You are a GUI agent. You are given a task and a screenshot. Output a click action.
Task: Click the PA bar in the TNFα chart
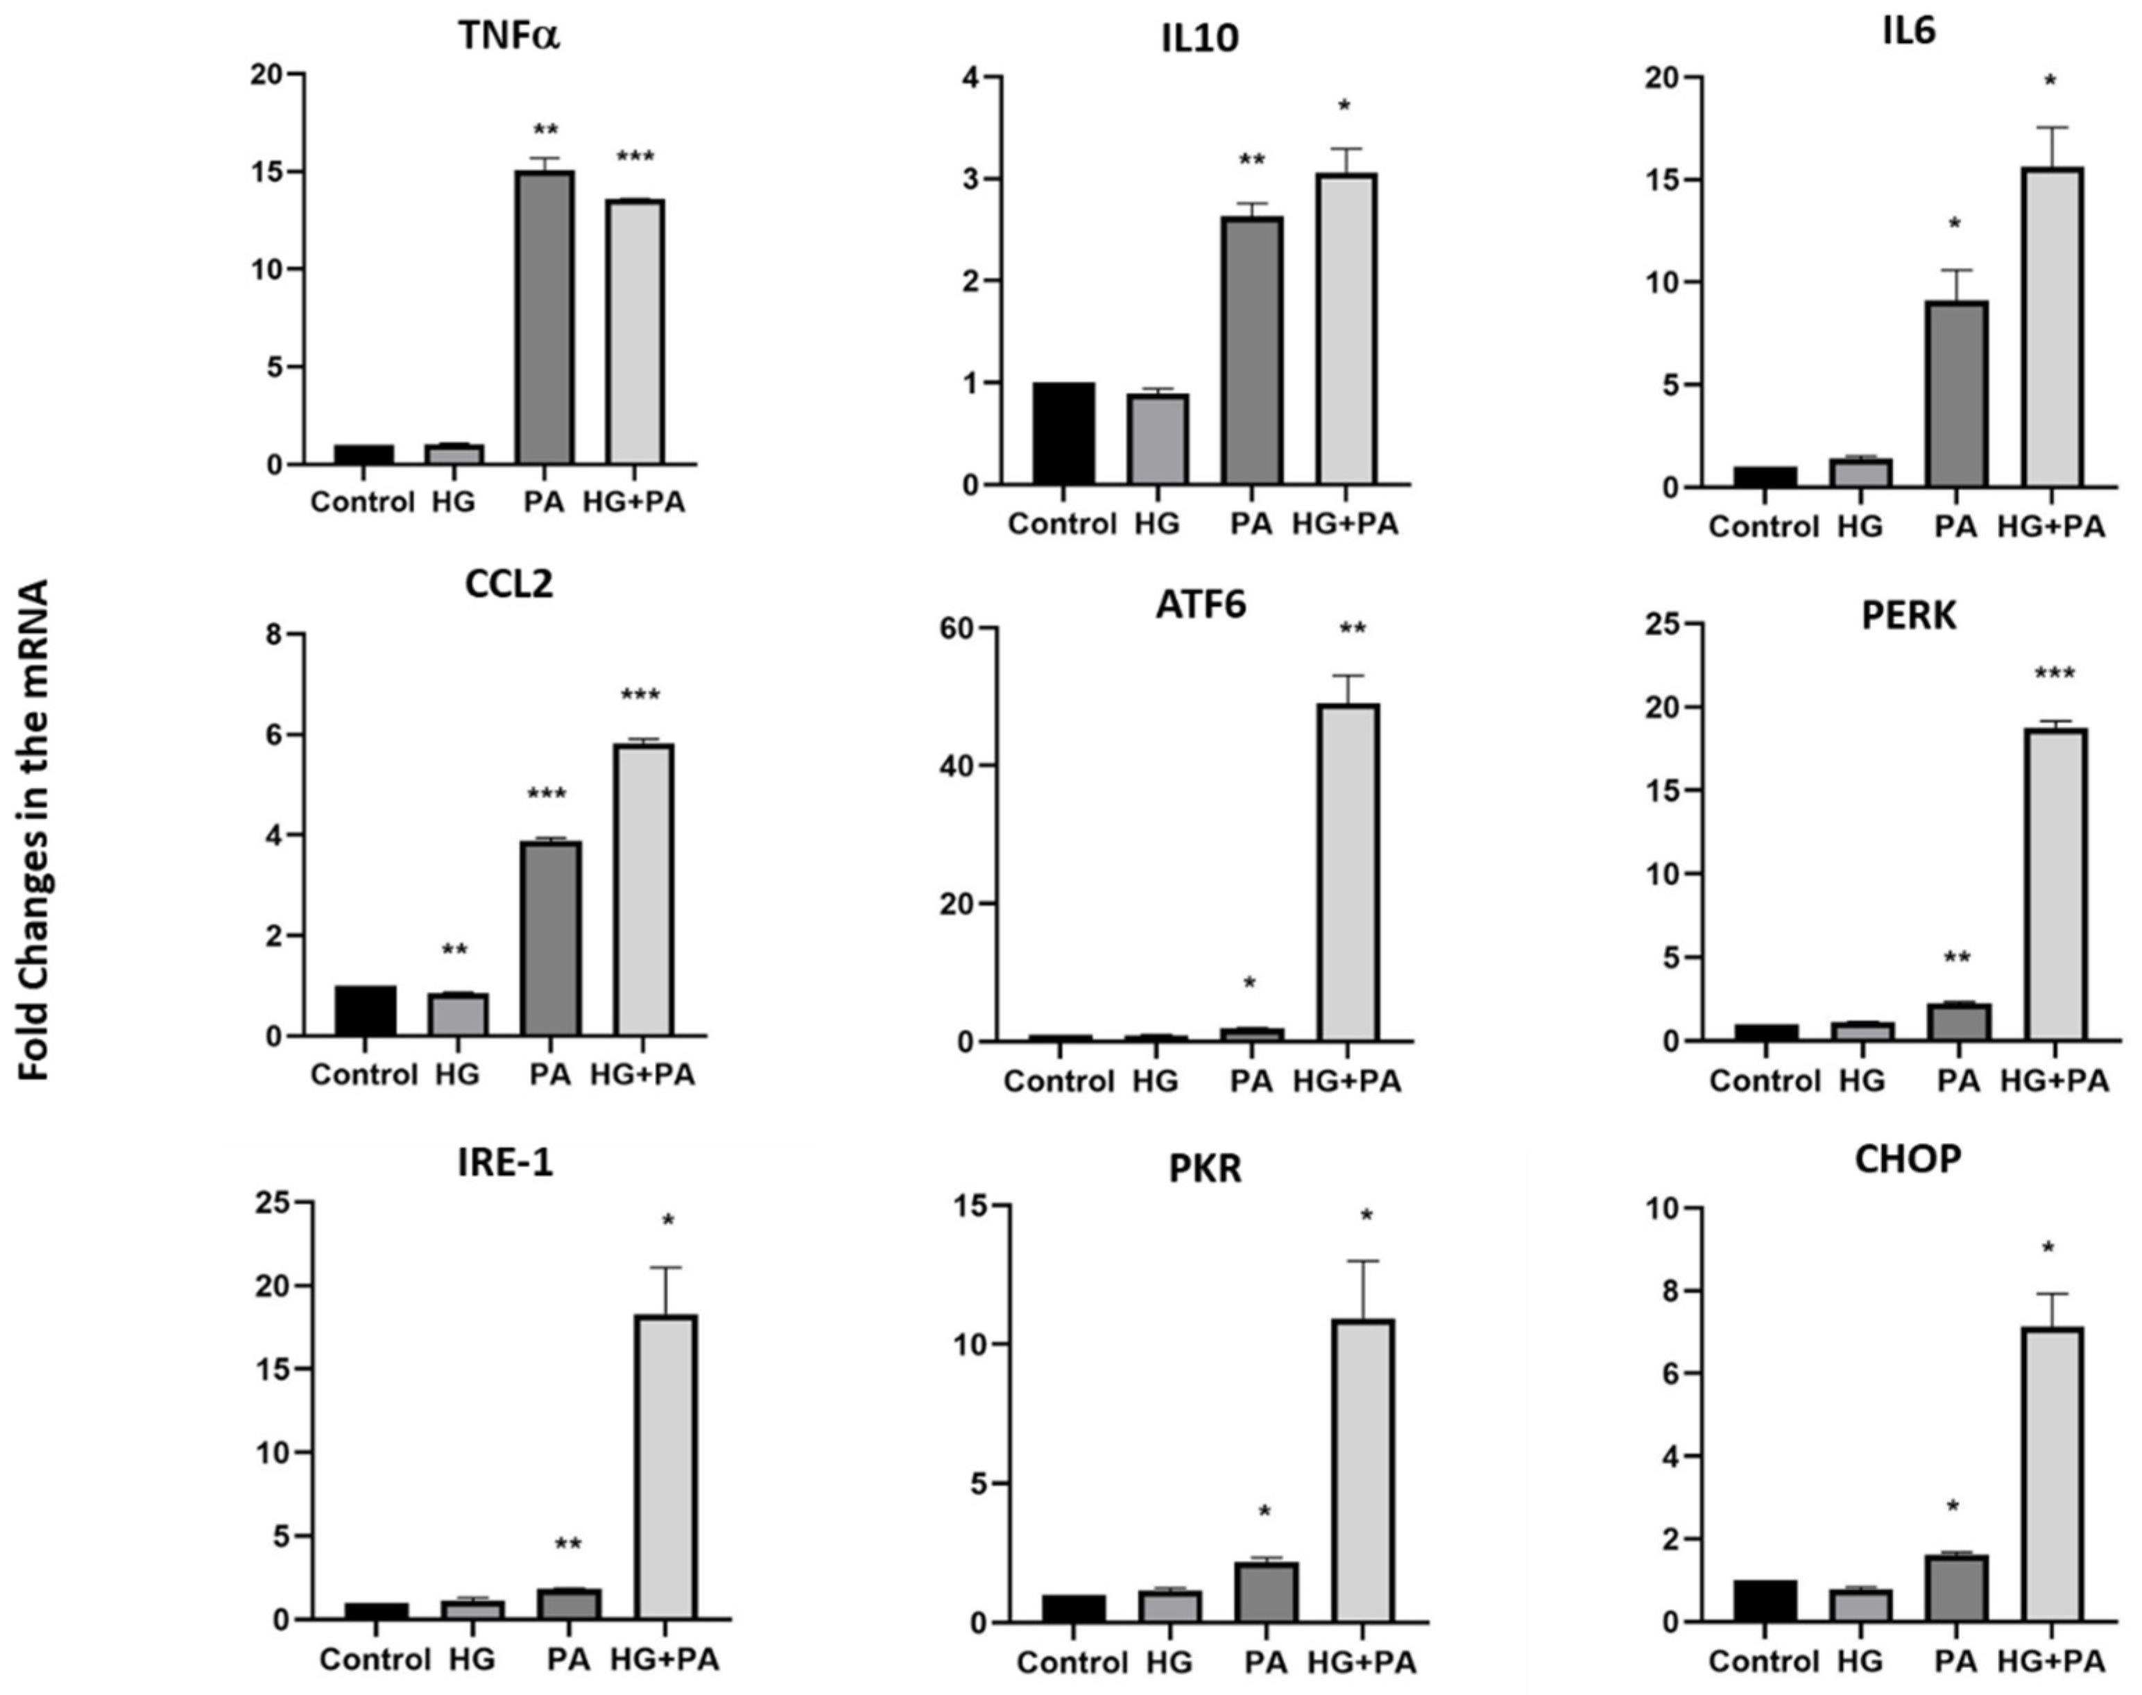544,318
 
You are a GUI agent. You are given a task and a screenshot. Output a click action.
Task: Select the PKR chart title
1205,1169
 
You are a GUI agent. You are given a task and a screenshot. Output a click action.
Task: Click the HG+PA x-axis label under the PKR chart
1361,1661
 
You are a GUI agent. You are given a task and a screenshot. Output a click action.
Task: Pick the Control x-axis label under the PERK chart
1764,1081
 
